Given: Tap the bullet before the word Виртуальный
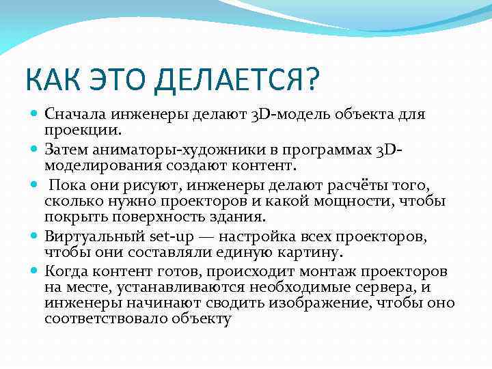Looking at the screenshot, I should (x=35, y=236).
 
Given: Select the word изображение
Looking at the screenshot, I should (x=315, y=303).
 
